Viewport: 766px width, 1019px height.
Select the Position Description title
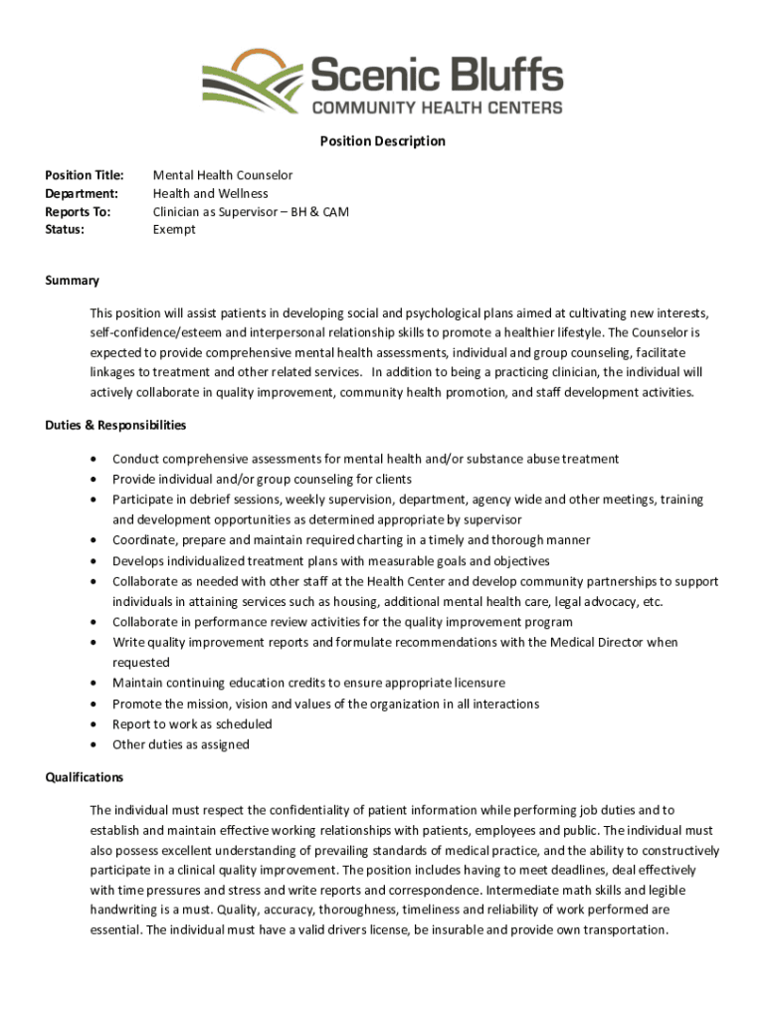pyautogui.click(x=382, y=141)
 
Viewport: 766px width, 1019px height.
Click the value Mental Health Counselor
pyautogui.click(x=223, y=175)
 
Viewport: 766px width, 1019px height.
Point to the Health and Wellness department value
pyautogui.click(x=210, y=193)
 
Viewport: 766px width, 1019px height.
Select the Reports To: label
pyautogui.click(x=78, y=212)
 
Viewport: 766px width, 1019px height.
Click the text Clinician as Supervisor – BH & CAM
pyautogui.click(x=251, y=212)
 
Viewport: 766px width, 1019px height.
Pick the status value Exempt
pyautogui.click(x=174, y=230)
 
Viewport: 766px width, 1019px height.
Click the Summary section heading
pyautogui.click(x=72, y=281)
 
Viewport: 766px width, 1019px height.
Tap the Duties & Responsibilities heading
pyautogui.click(x=115, y=425)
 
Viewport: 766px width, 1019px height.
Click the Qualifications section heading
pyautogui.click(x=85, y=777)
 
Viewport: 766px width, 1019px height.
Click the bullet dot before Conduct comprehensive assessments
pyautogui.click(x=94, y=460)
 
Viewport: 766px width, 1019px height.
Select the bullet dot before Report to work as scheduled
pyautogui.click(x=94, y=724)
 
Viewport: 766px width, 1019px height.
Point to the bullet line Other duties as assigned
pyautogui.click(x=180, y=744)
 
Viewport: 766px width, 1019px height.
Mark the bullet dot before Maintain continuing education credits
pyautogui.click(x=94, y=684)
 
